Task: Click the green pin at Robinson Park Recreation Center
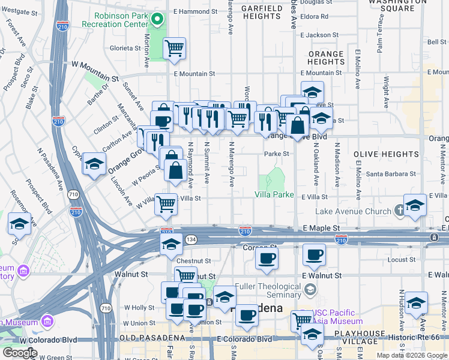tap(157, 19)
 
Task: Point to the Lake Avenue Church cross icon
tap(400, 211)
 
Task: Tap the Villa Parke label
tap(274, 195)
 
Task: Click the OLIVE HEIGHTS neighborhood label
tap(378, 154)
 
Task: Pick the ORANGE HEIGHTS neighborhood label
tap(326, 58)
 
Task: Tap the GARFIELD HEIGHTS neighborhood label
tap(261, 13)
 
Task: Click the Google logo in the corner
tap(20, 352)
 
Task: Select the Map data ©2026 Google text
tap(411, 355)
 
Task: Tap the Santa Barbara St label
tap(391, 174)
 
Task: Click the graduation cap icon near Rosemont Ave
tap(19, 224)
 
